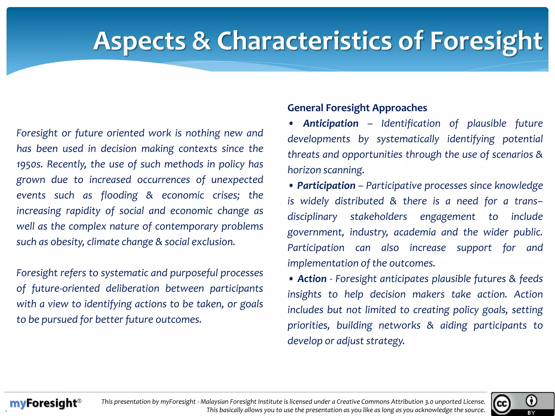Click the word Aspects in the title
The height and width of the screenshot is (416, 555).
point(139,41)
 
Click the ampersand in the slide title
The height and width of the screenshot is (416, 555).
point(201,41)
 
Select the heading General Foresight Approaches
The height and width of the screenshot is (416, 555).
point(357,108)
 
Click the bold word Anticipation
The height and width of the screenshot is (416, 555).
point(331,123)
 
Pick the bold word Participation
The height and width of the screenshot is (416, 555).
point(326,186)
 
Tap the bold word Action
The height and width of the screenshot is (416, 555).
point(312,279)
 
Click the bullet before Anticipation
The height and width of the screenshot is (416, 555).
point(291,124)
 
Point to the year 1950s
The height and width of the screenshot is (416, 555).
point(30,164)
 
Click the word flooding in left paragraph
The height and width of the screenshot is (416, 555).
point(119,196)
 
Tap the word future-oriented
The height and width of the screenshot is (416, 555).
point(66,288)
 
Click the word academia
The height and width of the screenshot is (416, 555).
point(415,232)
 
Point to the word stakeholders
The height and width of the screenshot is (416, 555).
point(378,217)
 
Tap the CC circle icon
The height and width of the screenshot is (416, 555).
point(502,404)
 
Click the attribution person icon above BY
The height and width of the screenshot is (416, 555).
point(531,401)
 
